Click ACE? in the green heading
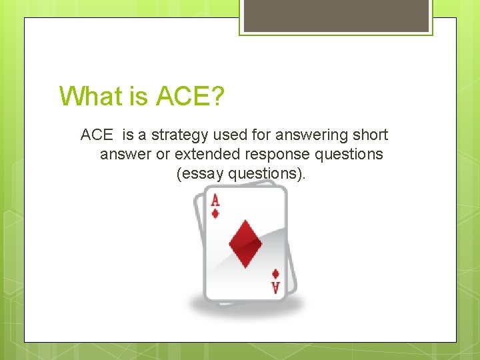[190, 96]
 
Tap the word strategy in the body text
[181, 135]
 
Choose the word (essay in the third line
[200, 173]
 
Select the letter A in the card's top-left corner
[215, 199]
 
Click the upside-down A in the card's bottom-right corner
[275, 287]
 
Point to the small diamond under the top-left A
[215, 213]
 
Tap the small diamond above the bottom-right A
[275, 273]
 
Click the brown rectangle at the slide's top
[336, 15]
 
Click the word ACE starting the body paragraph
[97, 135]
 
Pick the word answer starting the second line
[121, 154]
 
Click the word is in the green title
[139, 96]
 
